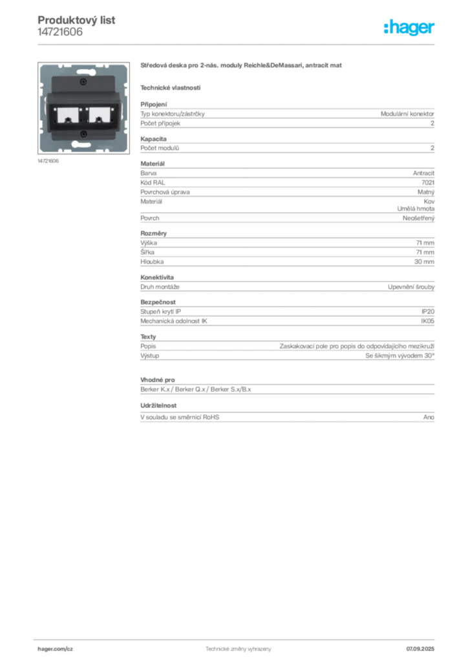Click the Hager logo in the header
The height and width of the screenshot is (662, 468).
coord(409,27)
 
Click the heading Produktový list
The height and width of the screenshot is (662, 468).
coord(76,20)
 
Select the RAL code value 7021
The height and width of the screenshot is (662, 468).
coord(427,182)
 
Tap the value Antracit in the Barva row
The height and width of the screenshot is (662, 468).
coord(423,173)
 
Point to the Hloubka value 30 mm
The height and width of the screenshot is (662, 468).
coord(424,262)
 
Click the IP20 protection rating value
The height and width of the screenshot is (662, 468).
coord(427,312)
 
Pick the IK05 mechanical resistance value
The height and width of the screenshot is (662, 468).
coord(427,321)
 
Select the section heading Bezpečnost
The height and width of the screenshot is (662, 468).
coord(158,303)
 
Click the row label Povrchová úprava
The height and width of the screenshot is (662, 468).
coord(165,192)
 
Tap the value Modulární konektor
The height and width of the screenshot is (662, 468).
coord(407,114)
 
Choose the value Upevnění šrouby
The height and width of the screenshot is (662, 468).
coord(411,287)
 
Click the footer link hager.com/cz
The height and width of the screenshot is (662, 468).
coord(56,649)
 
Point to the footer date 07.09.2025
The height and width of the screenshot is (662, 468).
coord(420,649)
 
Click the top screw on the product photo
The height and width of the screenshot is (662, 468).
coord(83,82)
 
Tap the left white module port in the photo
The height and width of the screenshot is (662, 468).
coord(67,114)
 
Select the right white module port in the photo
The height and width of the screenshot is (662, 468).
coord(100,114)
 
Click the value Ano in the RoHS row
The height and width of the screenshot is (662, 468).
coord(429,417)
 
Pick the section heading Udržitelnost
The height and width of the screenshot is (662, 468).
coord(158,406)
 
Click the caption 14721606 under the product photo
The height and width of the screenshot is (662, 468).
coord(48,161)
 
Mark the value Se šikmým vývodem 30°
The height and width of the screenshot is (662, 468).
coord(399,356)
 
